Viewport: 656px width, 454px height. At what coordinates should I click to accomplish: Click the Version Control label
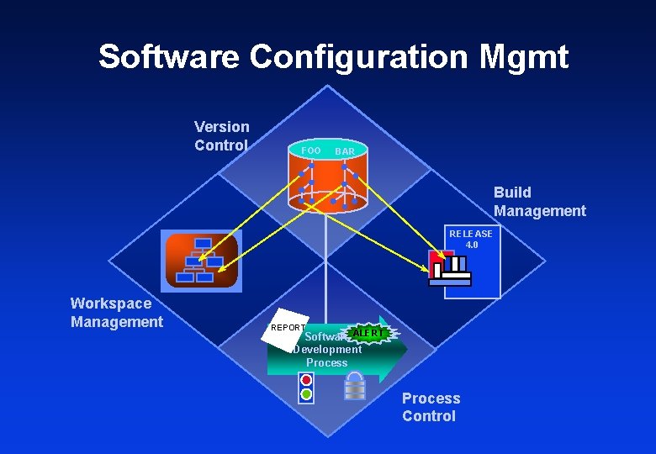(x=221, y=136)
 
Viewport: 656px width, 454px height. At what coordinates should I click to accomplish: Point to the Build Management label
(x=539, y=202)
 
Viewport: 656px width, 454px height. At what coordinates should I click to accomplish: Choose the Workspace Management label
(x=117, y=313)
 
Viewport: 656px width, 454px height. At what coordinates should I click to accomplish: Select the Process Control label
(x=431, y=407)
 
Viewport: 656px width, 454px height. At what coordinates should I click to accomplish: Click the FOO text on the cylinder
(x=310, y=150)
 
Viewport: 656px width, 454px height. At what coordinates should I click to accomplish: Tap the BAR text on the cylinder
(x=345, y=151)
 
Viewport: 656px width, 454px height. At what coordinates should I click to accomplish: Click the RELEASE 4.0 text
(x=471, y=239)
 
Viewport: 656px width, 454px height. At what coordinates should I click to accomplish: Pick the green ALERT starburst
(x=368, y=333)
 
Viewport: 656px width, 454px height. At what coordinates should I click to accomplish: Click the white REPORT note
(x=283, y=331)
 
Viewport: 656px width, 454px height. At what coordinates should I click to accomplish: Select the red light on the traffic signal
(x=306, y=380)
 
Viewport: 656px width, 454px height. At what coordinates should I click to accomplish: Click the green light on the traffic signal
(x=306, y=393)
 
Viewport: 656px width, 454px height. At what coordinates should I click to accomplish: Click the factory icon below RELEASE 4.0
(x=449, y=268)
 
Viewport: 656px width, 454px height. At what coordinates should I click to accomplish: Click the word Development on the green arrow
(x=327, y=350)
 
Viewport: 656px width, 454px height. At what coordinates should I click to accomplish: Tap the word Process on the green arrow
(x=326, y=363)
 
